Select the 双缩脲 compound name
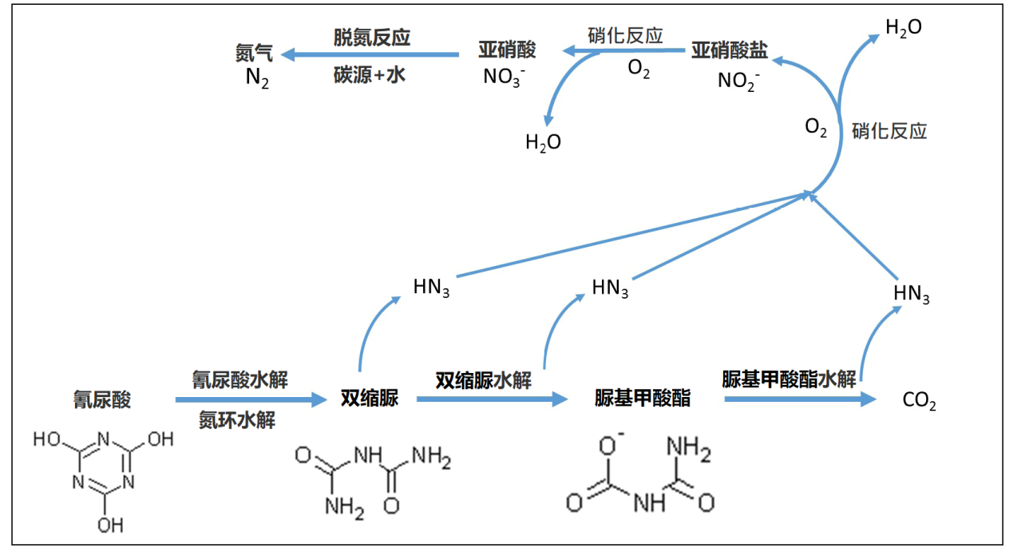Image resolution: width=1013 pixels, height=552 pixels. click(x=369, y=398)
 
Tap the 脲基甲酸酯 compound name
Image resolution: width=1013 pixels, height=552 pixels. click(x=643, y=398)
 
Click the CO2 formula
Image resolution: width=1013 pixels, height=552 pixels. click(x=919, y=401)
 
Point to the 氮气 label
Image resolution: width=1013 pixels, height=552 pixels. click(x=254, y=54)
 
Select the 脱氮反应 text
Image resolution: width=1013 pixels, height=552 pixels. click(x=372, y=38)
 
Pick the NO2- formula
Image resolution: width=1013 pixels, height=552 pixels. click(x=738, y=81)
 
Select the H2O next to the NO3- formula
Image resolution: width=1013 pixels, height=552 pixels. click(x=543, y=143)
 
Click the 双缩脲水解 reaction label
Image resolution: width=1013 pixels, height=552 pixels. click(x=483, y=379)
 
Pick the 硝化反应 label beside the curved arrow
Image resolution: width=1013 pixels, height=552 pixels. click(x=889, y=131)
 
